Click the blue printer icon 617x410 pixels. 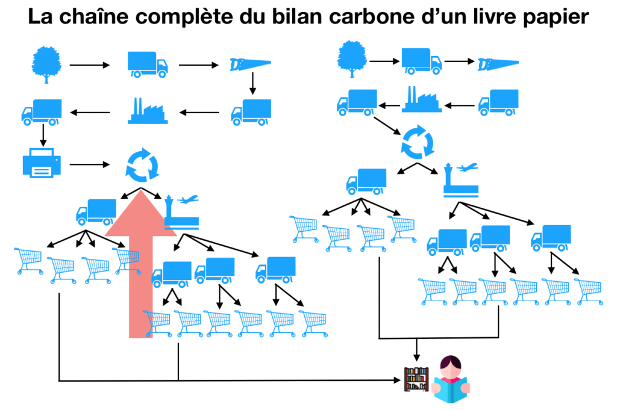42,164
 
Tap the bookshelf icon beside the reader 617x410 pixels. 416,379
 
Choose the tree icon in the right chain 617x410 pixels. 349,58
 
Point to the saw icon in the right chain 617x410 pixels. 498,64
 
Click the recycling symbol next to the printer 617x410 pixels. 142,164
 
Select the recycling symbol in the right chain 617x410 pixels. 418,142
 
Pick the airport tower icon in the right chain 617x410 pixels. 460,181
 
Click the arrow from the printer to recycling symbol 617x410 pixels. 90,164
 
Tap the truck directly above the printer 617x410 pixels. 42,112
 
